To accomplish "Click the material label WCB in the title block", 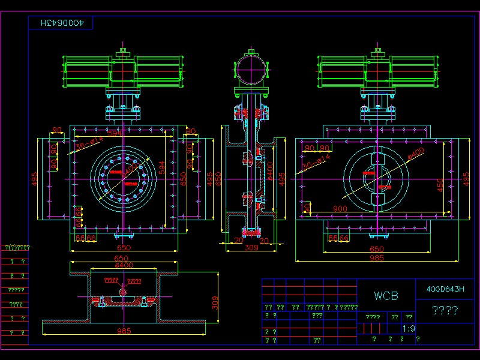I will click(386, 296).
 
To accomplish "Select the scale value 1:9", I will click(409, 329).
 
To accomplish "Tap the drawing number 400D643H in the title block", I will click(445, 289).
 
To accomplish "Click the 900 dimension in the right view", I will click(340, 209).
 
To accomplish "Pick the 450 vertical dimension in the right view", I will click(440, 185).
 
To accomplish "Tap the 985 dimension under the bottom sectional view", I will click(125, 331).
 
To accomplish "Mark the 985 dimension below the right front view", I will click(376, 258).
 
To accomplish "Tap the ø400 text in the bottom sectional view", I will click(124, 265).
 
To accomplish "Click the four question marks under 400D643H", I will click(445, 310).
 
